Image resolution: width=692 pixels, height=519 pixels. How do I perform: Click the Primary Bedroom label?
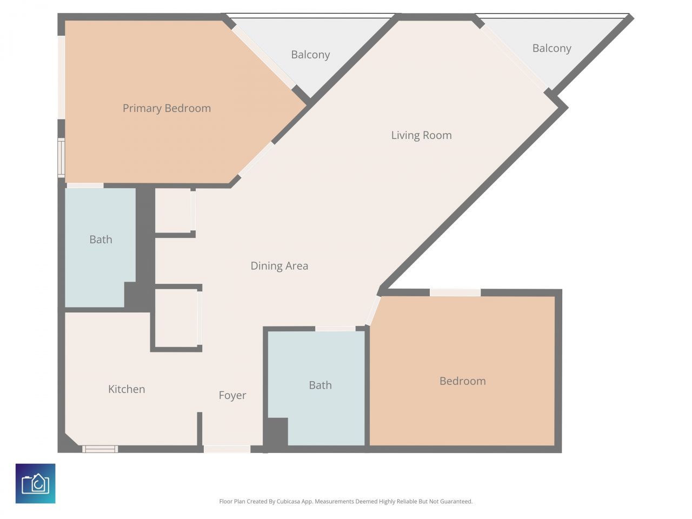point(167,109)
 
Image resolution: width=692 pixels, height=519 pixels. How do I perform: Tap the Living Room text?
point(421,136)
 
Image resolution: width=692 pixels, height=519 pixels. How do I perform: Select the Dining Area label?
point(280,266)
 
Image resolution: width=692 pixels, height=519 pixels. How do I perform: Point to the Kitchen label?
point(127,389)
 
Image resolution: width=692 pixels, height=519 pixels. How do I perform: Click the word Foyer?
point(232,396)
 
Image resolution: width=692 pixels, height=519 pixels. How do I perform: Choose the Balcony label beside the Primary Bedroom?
point(310,55)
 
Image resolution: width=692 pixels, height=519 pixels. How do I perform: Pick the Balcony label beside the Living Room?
point(552,49)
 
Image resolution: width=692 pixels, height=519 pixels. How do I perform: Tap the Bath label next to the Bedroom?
point(320,385)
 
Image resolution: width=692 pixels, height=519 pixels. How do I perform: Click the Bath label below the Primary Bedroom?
point(101,239)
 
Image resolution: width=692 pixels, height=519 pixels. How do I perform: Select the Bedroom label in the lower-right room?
point(462,381)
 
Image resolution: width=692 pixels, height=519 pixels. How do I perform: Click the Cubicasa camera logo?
point(35,483)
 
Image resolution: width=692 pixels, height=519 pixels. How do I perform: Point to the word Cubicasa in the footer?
point(288,501)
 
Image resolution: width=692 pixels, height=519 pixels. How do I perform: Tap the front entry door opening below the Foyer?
point(227,449)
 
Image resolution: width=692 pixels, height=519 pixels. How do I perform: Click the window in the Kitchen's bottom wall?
point(100,449)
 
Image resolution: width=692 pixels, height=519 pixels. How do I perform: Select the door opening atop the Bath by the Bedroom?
point(335,329)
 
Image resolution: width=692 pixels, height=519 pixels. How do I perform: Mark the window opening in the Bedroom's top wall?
point(455,292)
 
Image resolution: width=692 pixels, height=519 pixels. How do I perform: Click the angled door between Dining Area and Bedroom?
point(373,310)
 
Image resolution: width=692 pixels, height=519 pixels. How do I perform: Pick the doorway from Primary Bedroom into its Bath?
point(85,185)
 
